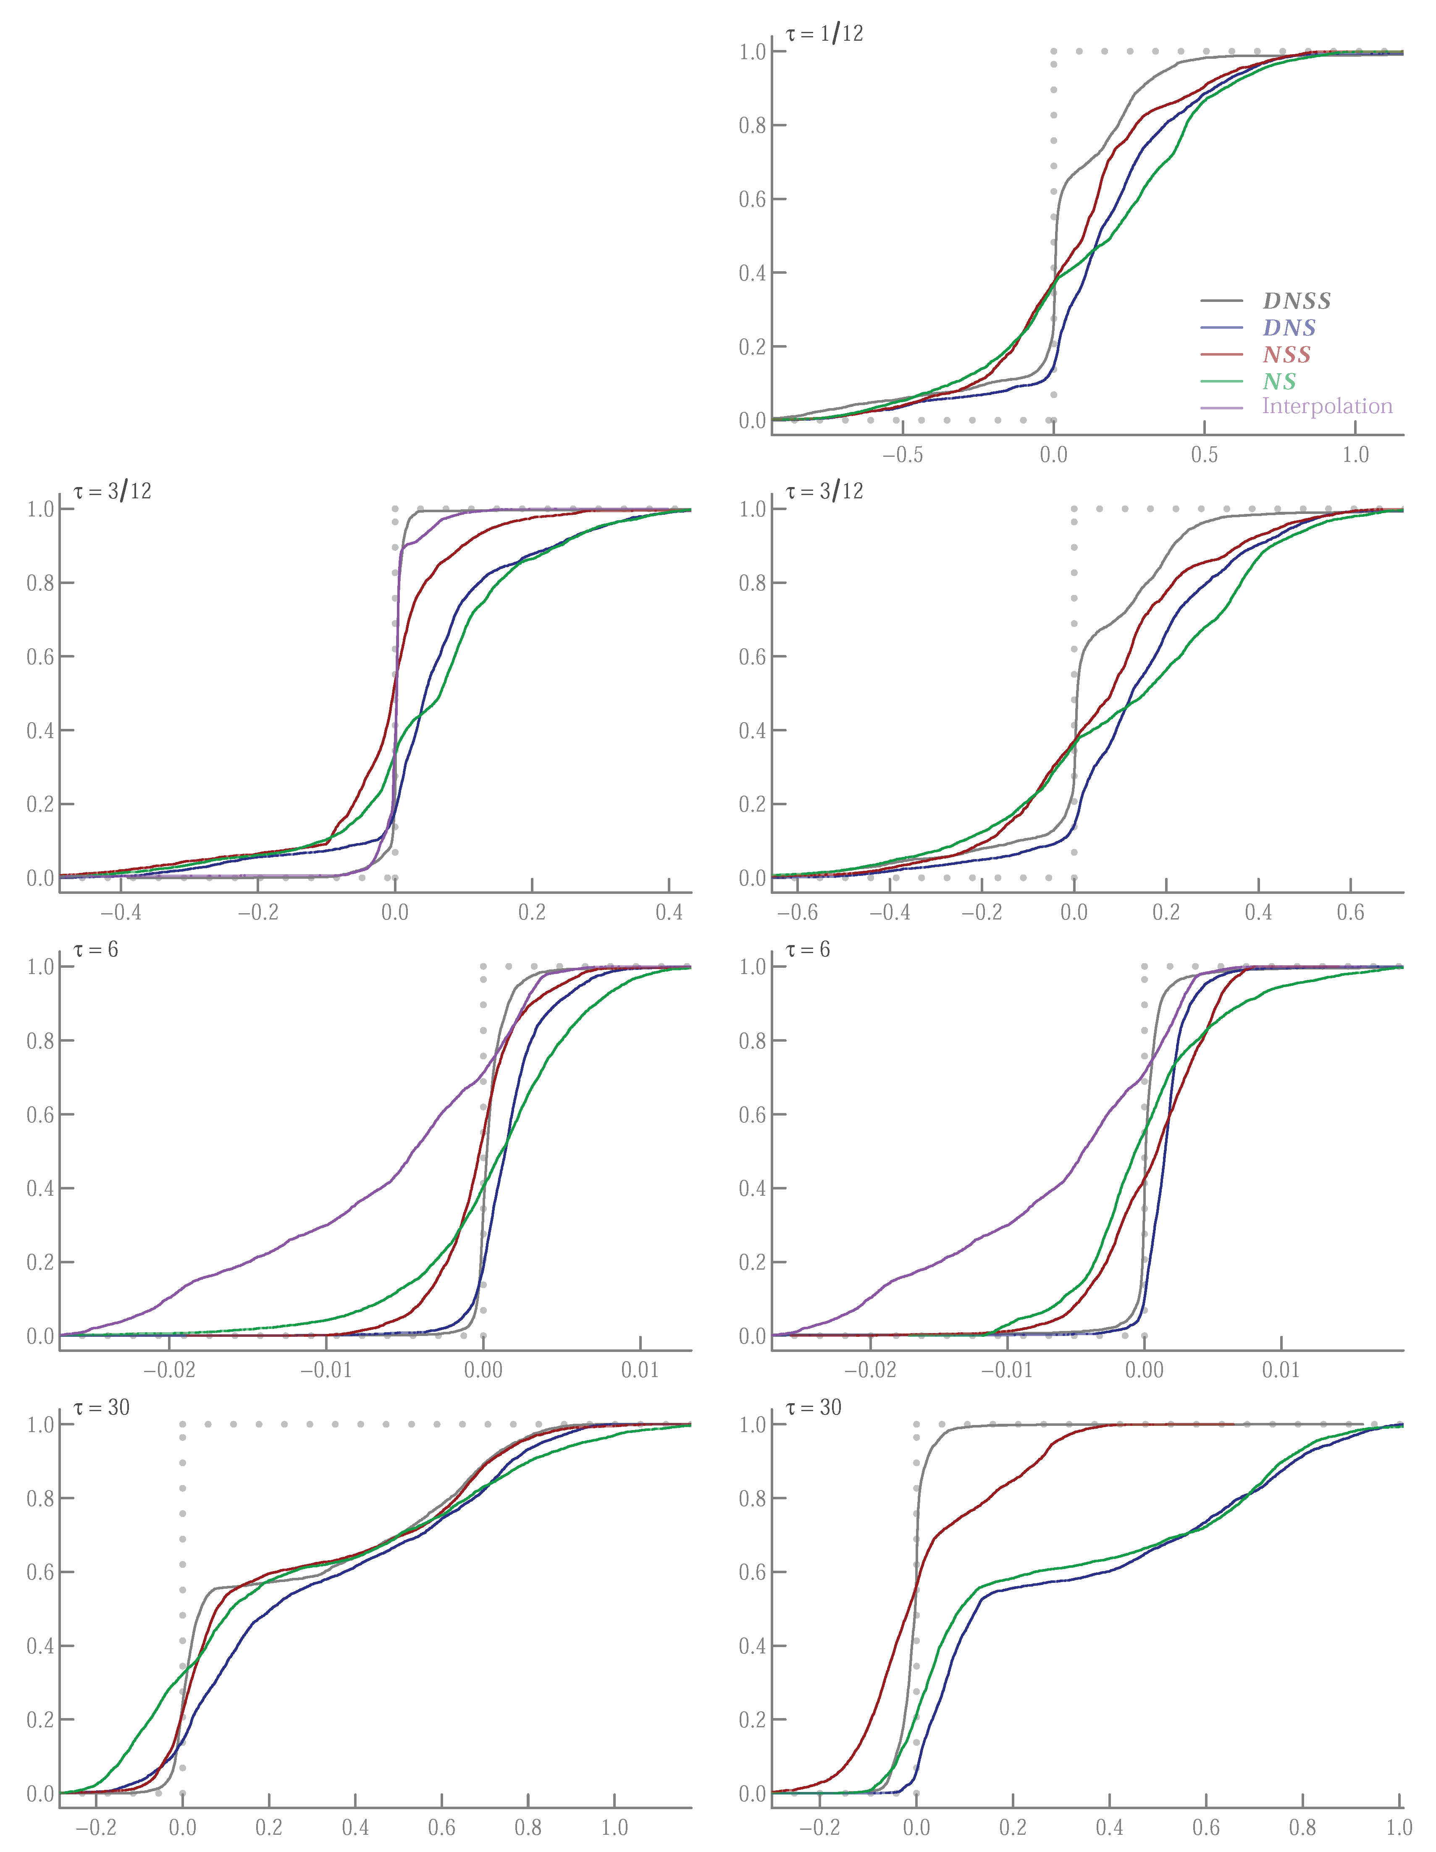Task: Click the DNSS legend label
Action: [1296, 301]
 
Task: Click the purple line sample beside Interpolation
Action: [1221, 408]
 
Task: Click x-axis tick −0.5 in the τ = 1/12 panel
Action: [903, 456]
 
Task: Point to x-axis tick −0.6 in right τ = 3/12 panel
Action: [797, 913]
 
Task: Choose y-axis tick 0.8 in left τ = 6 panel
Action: [40, 1041]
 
